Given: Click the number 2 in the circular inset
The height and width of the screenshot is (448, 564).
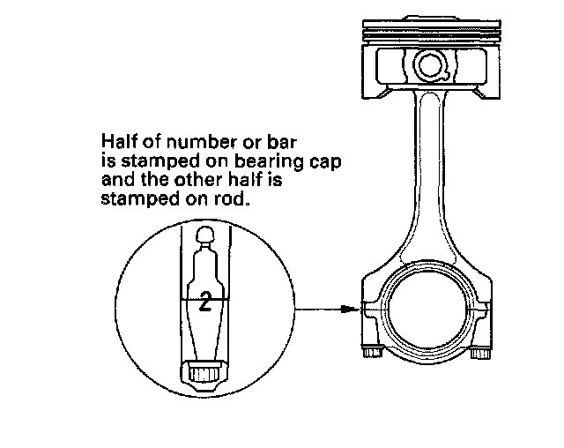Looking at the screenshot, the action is (204, 303).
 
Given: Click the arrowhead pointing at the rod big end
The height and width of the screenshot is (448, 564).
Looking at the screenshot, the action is (353, 309).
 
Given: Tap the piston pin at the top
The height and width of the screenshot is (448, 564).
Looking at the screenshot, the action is (431, 64).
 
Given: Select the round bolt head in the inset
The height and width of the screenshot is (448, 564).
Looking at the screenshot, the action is (204, 234).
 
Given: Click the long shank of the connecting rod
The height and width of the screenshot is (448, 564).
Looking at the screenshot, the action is (428, 176).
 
